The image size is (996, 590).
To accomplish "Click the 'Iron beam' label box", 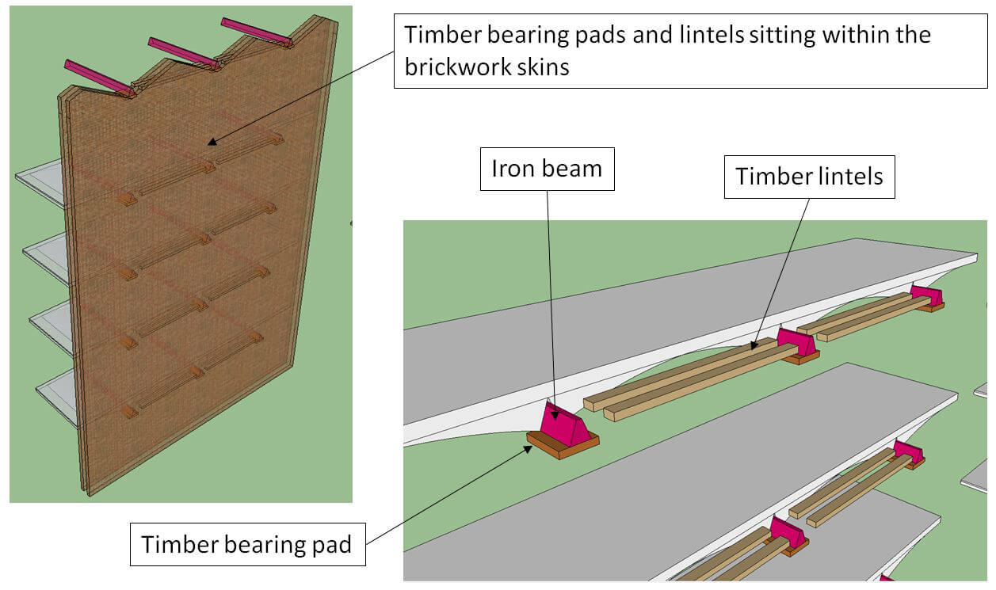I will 547,168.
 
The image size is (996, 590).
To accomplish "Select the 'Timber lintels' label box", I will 809,175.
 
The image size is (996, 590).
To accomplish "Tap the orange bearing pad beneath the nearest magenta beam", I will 563,447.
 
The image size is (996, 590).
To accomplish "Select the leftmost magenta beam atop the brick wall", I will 98,77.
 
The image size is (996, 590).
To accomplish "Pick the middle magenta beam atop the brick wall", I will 183,53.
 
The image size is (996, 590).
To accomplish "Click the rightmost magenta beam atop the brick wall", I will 255,32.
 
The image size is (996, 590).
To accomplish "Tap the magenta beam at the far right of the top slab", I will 926,296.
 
